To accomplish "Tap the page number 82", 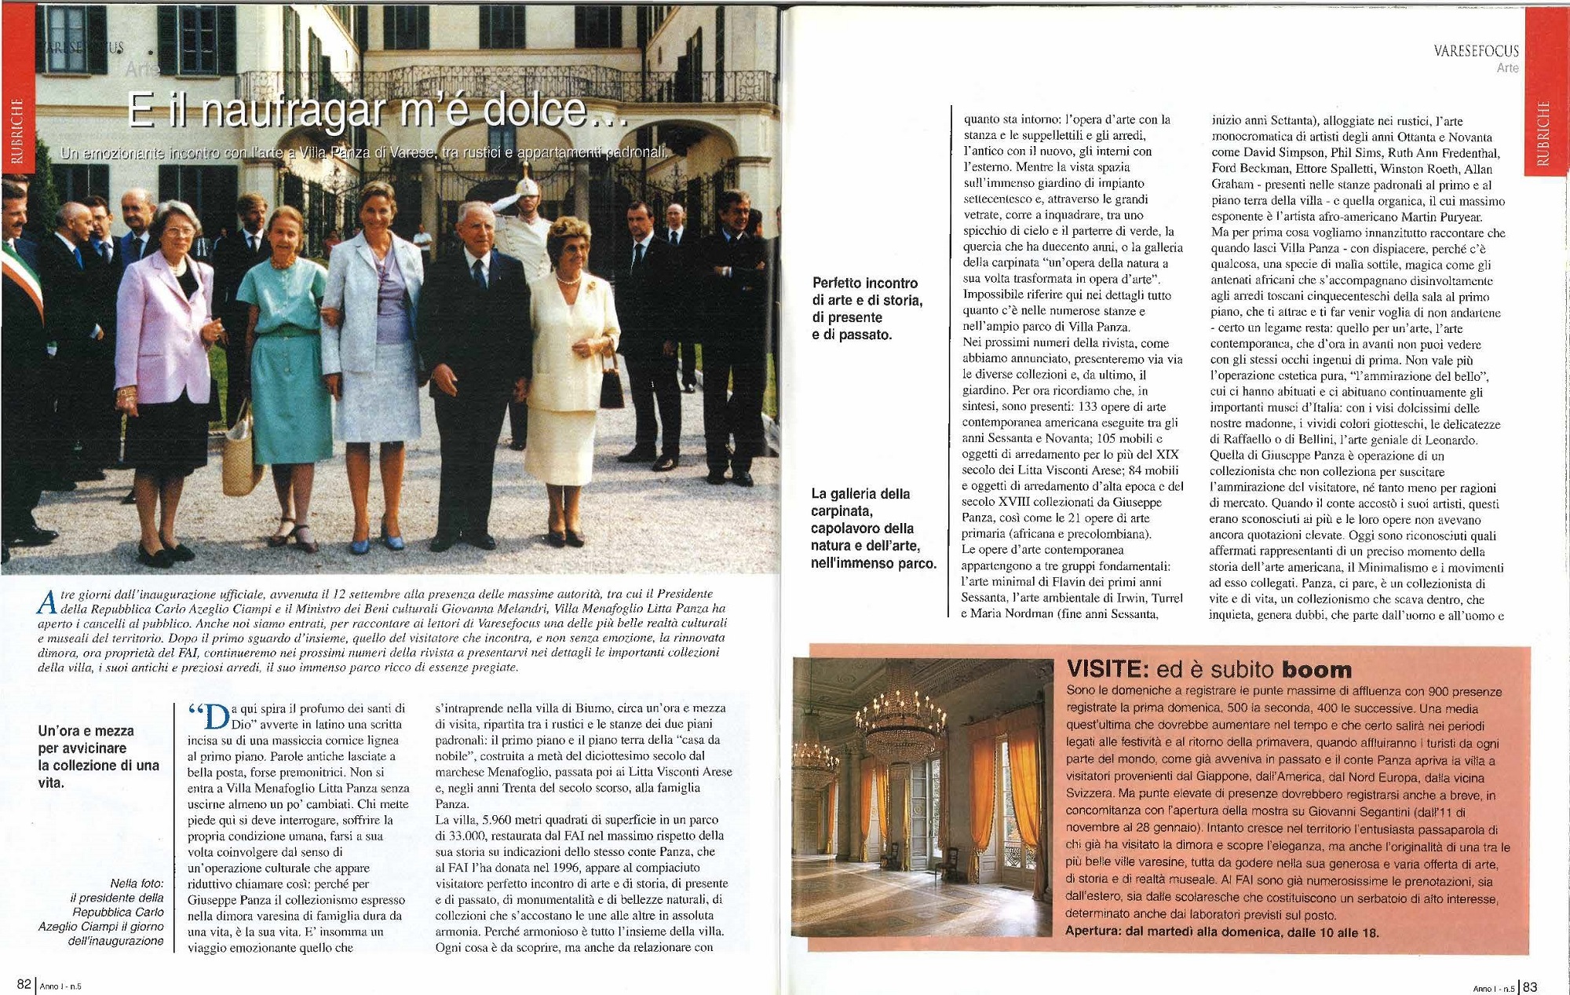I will (x=24, y=985).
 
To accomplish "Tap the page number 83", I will (x=1530, y=987).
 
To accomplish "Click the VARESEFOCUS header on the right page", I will (x=1476, y=51).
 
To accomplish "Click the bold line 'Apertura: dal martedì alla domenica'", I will (x=1221, y=932).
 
